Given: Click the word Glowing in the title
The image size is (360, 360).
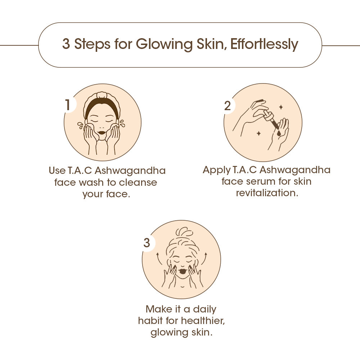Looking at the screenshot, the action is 164,44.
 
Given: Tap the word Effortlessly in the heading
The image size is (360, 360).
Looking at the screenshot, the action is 264,44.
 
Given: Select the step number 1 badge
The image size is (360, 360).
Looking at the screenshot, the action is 68,105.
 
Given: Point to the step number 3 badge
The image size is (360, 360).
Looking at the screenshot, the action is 147,243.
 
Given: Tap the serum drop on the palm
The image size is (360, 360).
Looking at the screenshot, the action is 279,133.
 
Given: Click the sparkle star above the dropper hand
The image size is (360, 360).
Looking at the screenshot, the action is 280,107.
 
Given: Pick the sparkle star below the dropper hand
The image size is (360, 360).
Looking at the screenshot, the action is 259,134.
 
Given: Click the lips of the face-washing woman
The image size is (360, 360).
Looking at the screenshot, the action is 102,132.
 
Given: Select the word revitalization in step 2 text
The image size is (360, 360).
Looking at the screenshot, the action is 267,193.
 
